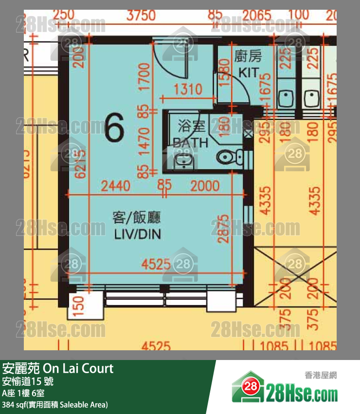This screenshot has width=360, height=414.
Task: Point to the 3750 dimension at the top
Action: pos(141,15)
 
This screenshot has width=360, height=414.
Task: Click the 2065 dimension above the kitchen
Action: pos(257,15)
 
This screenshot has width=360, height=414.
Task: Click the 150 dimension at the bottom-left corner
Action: pos(79,305)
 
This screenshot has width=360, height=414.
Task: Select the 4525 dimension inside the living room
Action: pos(157,265)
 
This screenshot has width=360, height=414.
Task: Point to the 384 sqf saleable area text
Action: pos(54,404)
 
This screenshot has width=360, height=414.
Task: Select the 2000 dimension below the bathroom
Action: pos(204,185)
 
